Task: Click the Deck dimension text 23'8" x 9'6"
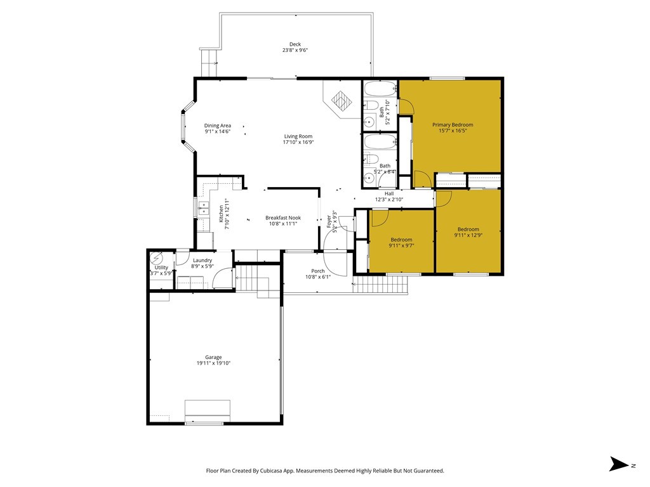295,50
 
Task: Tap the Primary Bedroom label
453,125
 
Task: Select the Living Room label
298,136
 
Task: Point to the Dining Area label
217,126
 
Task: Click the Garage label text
213,358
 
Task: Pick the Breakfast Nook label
283,218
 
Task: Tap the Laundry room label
202,260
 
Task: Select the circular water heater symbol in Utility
157,259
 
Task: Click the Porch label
317,271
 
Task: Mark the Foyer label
329,220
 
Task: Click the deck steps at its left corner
209,63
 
